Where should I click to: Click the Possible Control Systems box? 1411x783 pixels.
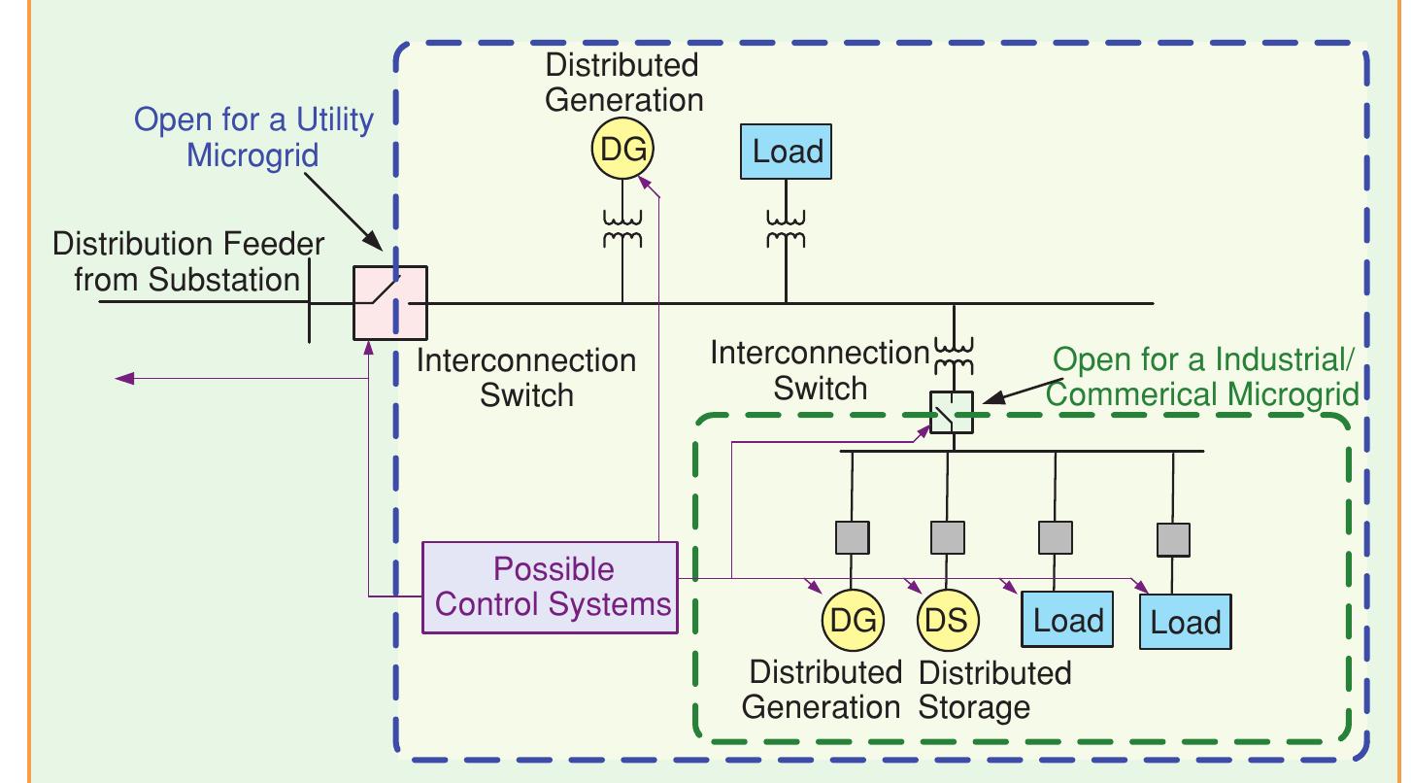pyautogui.click(x=551, y=587)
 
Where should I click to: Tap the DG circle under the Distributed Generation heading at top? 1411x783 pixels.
pyautogui.click(x=622, y=151)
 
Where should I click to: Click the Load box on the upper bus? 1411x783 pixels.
pyautogui.click(x=787, y=152)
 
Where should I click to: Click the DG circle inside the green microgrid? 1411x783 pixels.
pyautogui.click(x=852, y=620)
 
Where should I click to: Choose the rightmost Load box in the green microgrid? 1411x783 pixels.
pyautogui.click(x=1185, y=622)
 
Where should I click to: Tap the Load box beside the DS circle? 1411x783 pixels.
pyautogui.click(x=1067, y=620)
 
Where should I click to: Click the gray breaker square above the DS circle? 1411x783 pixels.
pyautogui.click(x=947, y=537)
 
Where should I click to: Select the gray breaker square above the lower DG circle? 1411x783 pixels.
pyautogui.click(x=852, y=537)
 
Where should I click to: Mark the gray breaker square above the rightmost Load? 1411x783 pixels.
pyautogui.click(x=1173, y=539)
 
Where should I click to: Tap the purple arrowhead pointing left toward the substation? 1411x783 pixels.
pyautogui.click(x=123, y=378)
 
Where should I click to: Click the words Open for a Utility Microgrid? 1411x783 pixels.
pyautogui.click(x=252, y=137)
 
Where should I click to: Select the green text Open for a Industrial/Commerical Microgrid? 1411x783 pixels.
pyautogui.click(x=1204, y=377)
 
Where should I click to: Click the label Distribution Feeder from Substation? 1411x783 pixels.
pyautogui.click(x=187, y=262)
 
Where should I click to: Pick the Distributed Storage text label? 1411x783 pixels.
pyautogui.click(x=993, y=689)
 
